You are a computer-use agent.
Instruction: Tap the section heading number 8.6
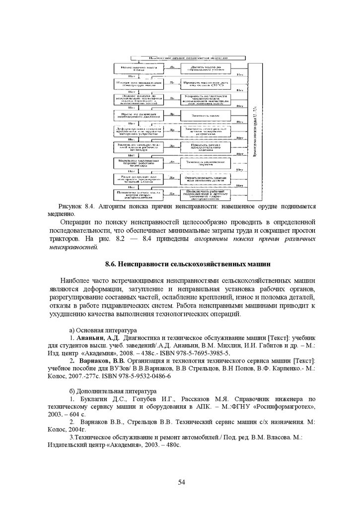113,262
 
